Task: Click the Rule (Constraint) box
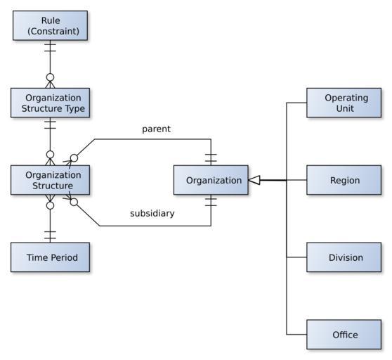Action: tap(51, 25)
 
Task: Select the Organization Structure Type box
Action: tap(51, 103)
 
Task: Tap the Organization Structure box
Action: tap(51, 180)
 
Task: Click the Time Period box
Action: tap(51, 257)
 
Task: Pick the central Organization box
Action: tap(211, 180)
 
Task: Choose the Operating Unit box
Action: tap(344, 103)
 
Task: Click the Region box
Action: tap(344, 180)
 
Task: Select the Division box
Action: tap(344, 257)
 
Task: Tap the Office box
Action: tap(344, 335)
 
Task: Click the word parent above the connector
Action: tap(156, 129)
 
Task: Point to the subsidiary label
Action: tap(152, 213)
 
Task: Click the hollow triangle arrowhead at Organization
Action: tap(254, 180)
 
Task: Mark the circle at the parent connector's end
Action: tap(74, 158)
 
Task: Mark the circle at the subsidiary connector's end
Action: tap(74, 202)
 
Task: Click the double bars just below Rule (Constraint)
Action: tap(51, 48)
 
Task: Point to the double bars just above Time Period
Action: tap(51, 235)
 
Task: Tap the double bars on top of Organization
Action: tap(211, 158)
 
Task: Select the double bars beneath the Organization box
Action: tap(211, 202)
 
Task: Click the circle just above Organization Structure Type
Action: tap(51, 77)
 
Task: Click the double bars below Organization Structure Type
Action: tap(51, 125)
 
